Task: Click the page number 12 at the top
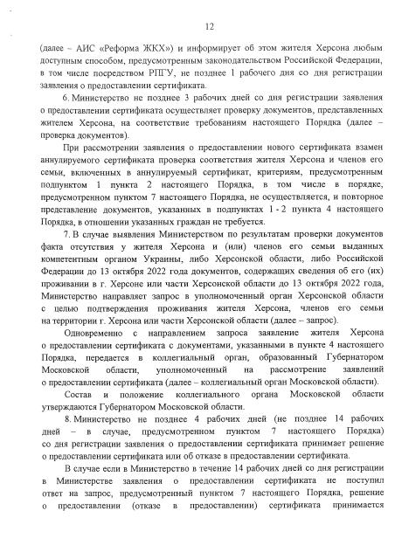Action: point(197,28)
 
